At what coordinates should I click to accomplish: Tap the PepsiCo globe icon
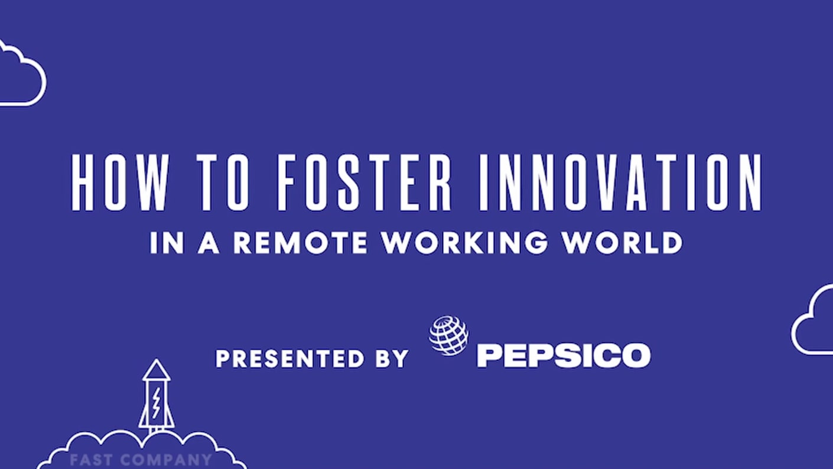tap(448, 336)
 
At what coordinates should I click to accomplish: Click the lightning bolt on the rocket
tap(156, 402)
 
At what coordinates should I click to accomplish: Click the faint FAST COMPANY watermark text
tap(140, 460)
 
